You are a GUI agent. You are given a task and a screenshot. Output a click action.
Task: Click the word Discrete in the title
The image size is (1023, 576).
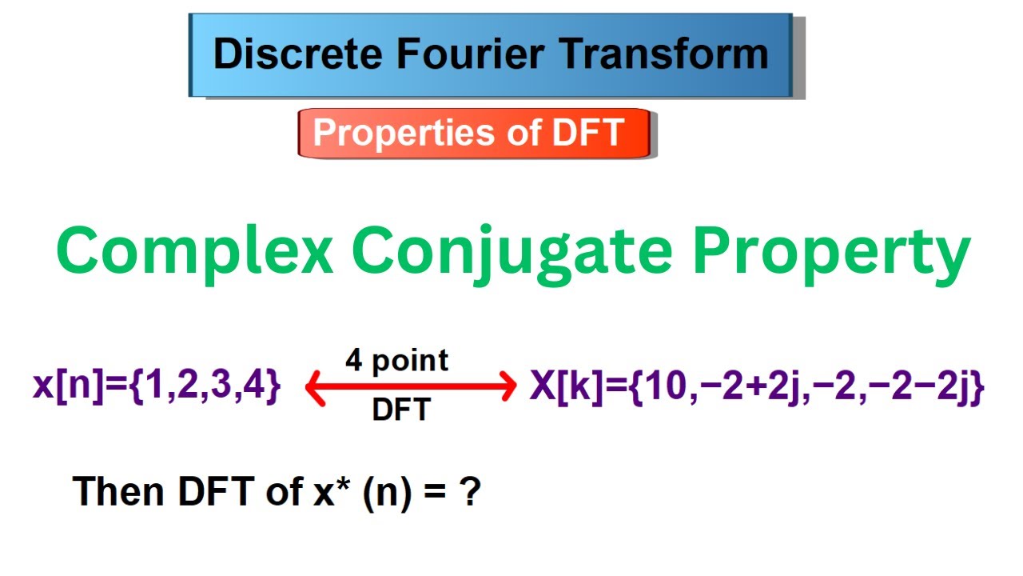(281, 54)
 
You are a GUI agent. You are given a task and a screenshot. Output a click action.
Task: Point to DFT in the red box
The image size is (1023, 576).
(583, 133)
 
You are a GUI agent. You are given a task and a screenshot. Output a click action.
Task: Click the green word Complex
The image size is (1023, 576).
(194, 252)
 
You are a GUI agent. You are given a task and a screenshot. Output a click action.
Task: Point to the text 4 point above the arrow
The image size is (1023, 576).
(397, 360)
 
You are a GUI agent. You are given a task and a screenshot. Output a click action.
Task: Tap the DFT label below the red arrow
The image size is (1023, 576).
(400, 410)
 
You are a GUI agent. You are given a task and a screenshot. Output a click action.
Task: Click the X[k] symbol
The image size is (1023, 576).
(563, 388)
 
